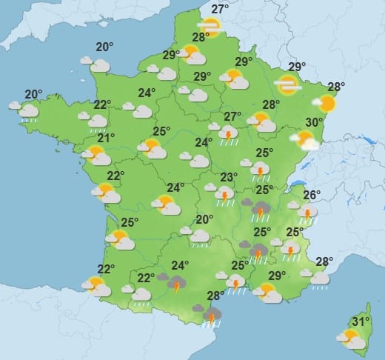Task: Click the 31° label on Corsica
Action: pyautogui.click(x=361, y=321)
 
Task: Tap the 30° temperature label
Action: pyautogui.click(x=314, y=123)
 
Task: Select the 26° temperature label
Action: pyautogui.click(x=311, y=196)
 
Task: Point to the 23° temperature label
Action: pyautogui.click(x=229, y=177)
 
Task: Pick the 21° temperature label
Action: pyautogui.click(x=107, y=138)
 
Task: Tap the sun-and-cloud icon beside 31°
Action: pyautogui.click(x=349, y=339)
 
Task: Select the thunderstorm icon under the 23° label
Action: pyautogui.click(x=224, y=194)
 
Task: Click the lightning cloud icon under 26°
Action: pyautogui.click(x=306, y=213)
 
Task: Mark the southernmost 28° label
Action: pyautogui.click(x=215, y=296)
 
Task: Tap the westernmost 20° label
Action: pyautogui.click(x=33, y=94)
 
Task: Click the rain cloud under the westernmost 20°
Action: pyautogui.click(x=27, y=111)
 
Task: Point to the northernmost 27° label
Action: pyautogui.click(x=219, y=10)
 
